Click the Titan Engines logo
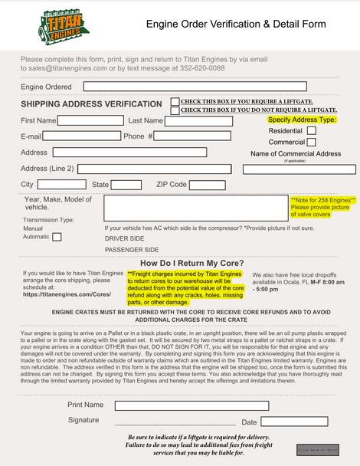pyautogui.click(x=64, y=25)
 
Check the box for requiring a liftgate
pyautogui.click(x=175, y=101)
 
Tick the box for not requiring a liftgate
pyautogui.click(x=175, y=110)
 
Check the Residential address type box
pyautogui.click(x=311, y=131)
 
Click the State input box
pyautogui.click(x=127, y=185)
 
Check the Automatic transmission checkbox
pyautogui.click(x=57, y=237)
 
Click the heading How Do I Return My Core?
pyautogui.click(x=192, y=263)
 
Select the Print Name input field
pyautogui.click(x=188, y=405)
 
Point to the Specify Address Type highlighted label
pyautogui.click(x=302, y=120)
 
